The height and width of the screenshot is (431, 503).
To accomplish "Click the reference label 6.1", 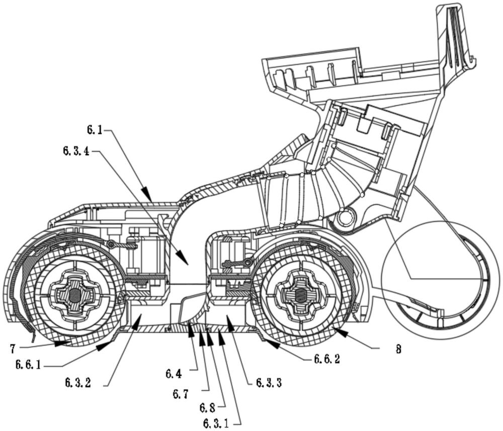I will [x=95, y=130].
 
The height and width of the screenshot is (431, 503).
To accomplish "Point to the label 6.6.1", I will [x=28, y=364].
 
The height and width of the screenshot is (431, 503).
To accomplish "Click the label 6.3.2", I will [x=78, y=382].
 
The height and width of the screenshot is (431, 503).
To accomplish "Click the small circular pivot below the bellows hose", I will [x=345, y=217].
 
